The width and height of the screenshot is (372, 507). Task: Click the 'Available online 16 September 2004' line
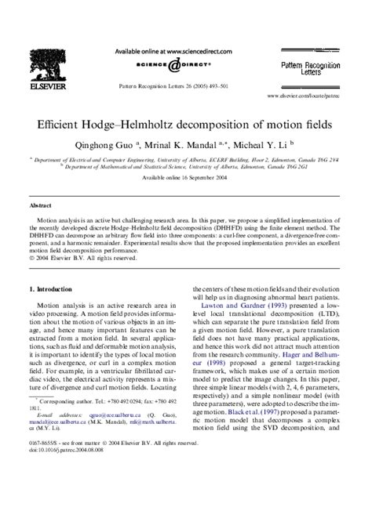(185, 178)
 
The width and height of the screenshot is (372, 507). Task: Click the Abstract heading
(41, 203)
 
